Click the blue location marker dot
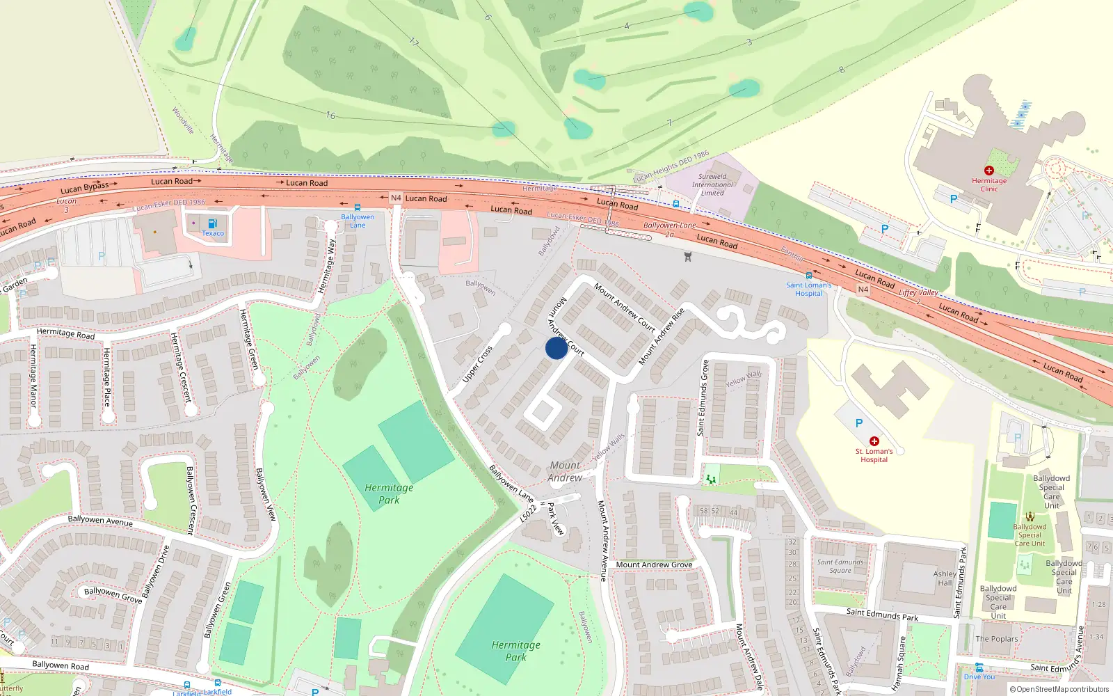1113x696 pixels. click(556, 348)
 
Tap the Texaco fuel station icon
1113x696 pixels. click(212, 223)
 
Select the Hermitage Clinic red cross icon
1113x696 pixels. click(988, 171)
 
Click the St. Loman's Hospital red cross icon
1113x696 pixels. click(874, 441)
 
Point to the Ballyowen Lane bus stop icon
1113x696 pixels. click(357, 207)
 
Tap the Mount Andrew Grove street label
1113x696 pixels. click(654, 564)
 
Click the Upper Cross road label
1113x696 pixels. click(477, 364)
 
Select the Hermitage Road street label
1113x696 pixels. click(65, 333)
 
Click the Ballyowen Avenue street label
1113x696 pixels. click(99, 521)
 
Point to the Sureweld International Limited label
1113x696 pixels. click(712, 184)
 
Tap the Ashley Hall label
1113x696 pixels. click(944, 578)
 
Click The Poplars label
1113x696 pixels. click(996, 639)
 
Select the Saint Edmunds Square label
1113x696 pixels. click(840, 566)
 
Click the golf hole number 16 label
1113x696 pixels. click(330, 116)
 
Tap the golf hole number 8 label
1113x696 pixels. click(842, 70)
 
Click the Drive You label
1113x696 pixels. click(979, 677)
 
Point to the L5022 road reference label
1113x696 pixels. click(528, 514)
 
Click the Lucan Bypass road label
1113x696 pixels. click(85, 188)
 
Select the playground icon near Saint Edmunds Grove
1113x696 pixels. click(710, 479)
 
